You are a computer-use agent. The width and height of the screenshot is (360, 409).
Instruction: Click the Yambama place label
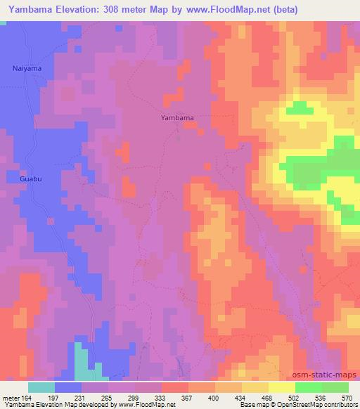(x=176, y=118)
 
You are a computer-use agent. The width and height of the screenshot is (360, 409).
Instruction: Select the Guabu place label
(x=21, y=179)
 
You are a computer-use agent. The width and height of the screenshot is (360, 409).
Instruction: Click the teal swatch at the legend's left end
(x=41, y=387)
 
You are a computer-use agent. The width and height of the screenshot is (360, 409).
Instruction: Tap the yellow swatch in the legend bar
(x=281, y=387)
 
